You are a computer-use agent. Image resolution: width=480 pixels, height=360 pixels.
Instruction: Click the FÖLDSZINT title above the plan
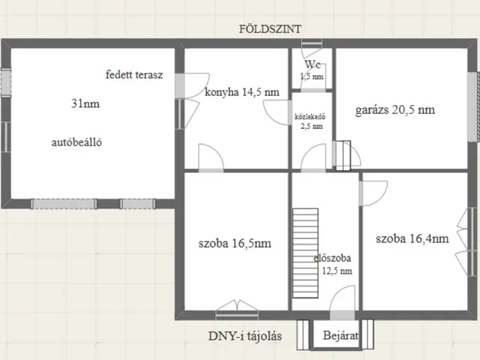pos(270,29)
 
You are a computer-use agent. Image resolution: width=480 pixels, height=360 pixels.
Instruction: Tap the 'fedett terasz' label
pos(134,75)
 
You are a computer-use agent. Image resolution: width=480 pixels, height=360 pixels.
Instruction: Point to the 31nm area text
pos(85,103)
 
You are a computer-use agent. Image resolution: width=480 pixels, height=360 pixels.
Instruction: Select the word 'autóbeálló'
pos(76,142)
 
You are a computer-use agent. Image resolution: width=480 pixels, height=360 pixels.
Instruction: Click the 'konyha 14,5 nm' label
pos(241,91)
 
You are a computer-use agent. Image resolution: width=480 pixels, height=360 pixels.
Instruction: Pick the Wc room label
pos(313,64)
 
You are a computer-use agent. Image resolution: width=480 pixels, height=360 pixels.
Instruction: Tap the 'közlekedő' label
pos(310,117)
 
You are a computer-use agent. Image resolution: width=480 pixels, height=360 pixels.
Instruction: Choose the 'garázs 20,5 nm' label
pos(395,109)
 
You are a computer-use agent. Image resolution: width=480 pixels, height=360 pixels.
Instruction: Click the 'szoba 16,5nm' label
pos(235,243)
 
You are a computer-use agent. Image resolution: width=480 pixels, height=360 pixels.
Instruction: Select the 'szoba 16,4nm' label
pos(412,238)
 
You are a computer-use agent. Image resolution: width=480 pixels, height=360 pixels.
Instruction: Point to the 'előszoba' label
pos(332,258)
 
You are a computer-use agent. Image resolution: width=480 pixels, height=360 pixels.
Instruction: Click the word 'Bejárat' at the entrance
pos(340,335)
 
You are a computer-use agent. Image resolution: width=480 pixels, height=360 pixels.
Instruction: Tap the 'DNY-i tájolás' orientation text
pos(245,336)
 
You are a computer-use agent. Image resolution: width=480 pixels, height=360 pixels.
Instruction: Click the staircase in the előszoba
pos(305,253)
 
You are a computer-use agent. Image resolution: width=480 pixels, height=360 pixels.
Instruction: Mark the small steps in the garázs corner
pos(343,155)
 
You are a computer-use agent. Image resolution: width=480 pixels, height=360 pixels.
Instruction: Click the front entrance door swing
pos(342,298)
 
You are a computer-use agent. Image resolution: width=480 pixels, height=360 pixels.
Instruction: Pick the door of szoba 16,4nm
pos(373,193)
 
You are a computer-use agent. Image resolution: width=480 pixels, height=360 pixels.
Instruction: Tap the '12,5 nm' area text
pos(337,271)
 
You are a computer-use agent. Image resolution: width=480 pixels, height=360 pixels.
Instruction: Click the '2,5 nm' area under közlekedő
pos(312,126)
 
